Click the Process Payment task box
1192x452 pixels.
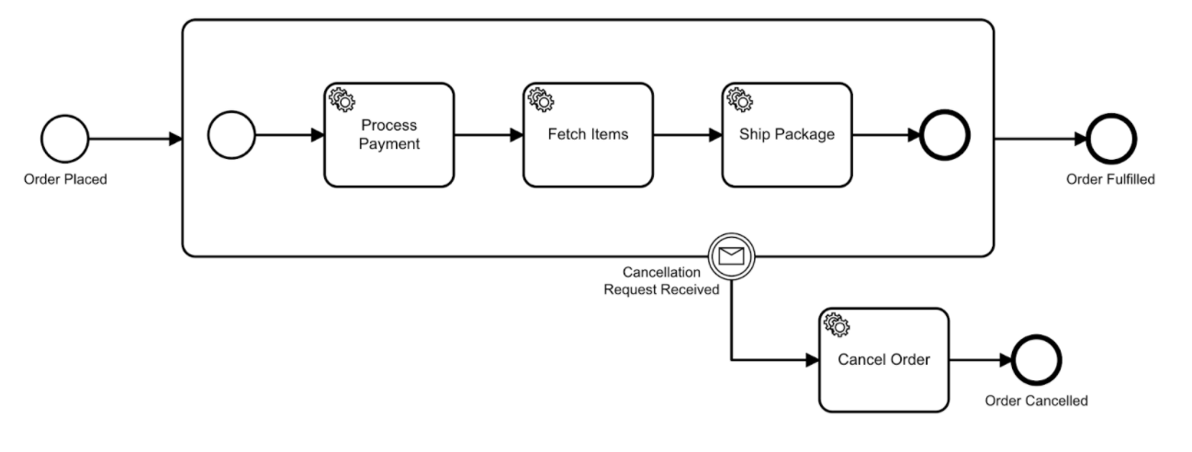(x=389, y=135)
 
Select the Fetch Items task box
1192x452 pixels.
(x=588, y=135)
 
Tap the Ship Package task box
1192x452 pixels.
(x=787, y=135)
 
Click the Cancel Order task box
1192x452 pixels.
(x=883, y=360)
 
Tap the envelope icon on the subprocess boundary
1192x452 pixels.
(x=731, y=256)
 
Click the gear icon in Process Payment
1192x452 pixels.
(x=342, y=99)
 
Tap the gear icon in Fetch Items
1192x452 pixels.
(x=541, y=99)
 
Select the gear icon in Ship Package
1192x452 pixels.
(x=739, y=99)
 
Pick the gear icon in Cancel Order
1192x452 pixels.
(x=837, y=324)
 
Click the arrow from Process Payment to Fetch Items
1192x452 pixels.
(x=489, y=135)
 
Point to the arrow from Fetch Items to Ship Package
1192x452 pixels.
(x=688, y=135)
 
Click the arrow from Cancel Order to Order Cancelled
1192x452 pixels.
(x=981, y=360)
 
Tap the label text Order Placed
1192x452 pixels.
(x=65, y=179)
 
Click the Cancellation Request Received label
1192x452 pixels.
(x=661, y=280)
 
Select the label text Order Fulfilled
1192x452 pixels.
(x=1110, y=179)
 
